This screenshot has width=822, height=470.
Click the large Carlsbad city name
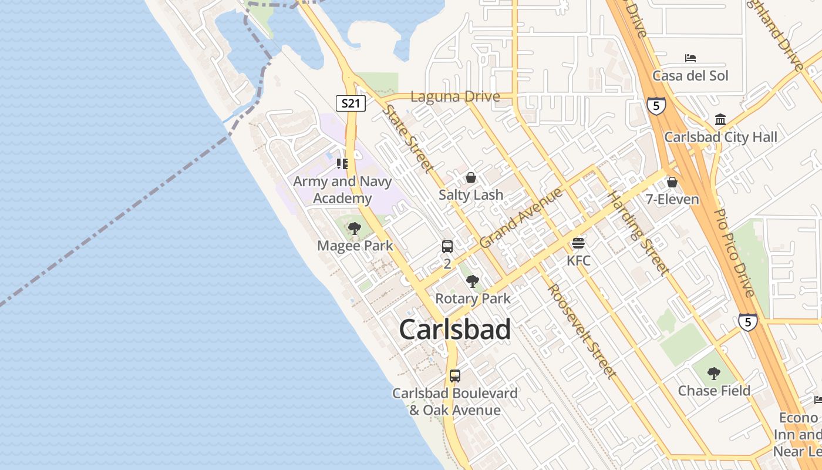coord(455,330)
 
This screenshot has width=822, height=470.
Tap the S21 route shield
coord(351,104)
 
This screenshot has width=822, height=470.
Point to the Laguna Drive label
coord(455,97)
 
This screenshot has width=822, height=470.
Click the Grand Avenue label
coord(521,218)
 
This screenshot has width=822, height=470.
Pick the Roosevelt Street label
coord(582,331)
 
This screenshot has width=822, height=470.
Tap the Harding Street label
coord(638,233)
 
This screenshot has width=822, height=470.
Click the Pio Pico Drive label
coord(733,253)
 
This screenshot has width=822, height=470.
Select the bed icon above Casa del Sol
coord(690,58)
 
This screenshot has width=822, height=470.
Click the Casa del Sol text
coord(690,76)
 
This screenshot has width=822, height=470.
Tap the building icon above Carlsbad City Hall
coord(720,120)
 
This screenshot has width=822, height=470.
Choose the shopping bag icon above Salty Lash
coord(471,177)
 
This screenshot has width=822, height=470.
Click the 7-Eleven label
coord(672,199)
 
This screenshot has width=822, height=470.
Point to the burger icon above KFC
coord(578,243)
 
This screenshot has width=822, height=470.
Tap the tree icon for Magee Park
coord(354,228)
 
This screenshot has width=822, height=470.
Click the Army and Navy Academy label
coord(342,190)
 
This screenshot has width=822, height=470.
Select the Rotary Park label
coord(473,298)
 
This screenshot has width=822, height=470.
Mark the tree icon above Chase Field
coord(714,373)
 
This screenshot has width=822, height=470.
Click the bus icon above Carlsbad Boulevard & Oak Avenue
coord(454,376)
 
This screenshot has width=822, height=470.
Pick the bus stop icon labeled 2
coord(447,247)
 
